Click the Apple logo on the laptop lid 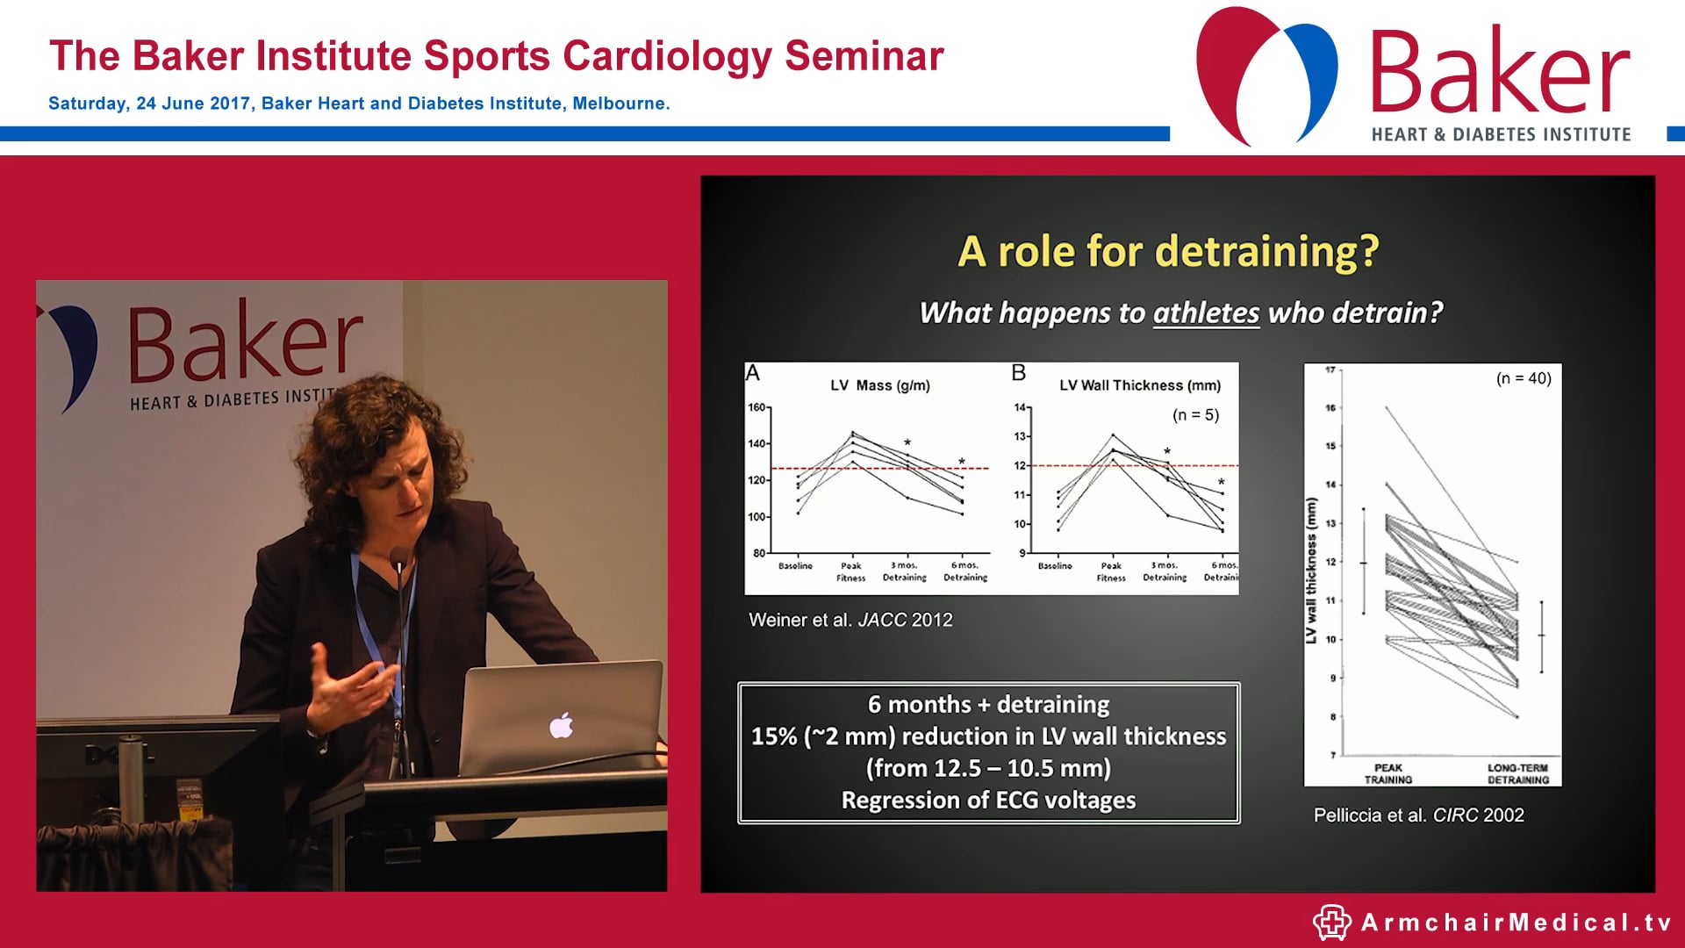pos(562,726)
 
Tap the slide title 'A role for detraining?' pos(1168,252)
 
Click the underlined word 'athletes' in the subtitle pos(1206,312)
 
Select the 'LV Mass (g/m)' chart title pos(879,385)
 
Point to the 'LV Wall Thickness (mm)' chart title pos(1139,385)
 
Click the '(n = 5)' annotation pos(1195,415)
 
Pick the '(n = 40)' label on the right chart pos(1524,378)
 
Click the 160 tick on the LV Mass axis pos(756,407)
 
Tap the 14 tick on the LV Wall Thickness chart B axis pos(1020,407)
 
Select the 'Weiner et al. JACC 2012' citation pos(850,620)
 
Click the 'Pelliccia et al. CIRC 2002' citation pos(1418,815)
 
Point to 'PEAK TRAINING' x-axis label pos(1387,773)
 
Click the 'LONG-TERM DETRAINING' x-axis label pos(1517,773)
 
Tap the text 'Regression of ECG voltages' pos(988,801)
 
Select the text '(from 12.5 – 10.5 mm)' pos(988,768)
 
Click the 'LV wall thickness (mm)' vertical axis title pos(1311,571)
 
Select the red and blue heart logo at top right pos(1266,75)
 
